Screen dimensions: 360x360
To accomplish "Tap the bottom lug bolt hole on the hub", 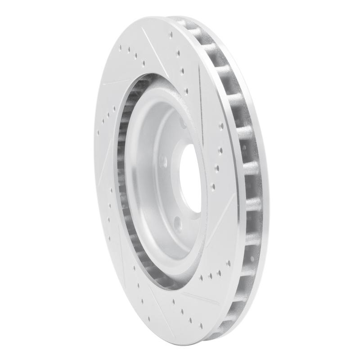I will pyautogui.click(x=179, y=222).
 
